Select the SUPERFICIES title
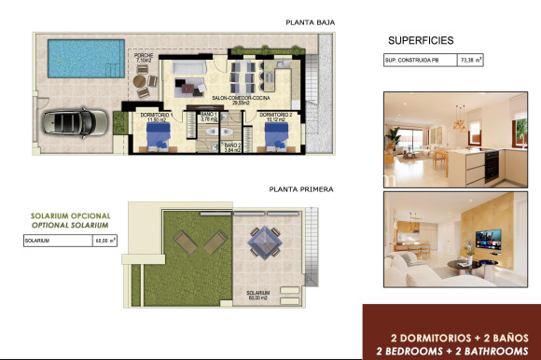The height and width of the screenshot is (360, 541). click(x=421, y=41)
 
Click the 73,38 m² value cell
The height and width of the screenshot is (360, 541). click(x=471, y=61)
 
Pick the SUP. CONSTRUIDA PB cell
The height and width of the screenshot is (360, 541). click(x=419, y=61)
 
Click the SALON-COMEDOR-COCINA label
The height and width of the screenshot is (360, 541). click(x=240, y=98)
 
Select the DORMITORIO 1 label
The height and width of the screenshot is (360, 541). click(x=156, y=115)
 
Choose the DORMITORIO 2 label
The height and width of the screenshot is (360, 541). click(x=275, y=115)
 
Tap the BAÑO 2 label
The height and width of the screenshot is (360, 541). click(x=233, y=145)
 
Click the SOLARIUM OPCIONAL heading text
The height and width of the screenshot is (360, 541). click(x=69, y=216)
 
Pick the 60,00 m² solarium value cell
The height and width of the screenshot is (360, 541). click(x=105, y=241)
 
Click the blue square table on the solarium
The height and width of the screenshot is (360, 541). click(x=258, y=245)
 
